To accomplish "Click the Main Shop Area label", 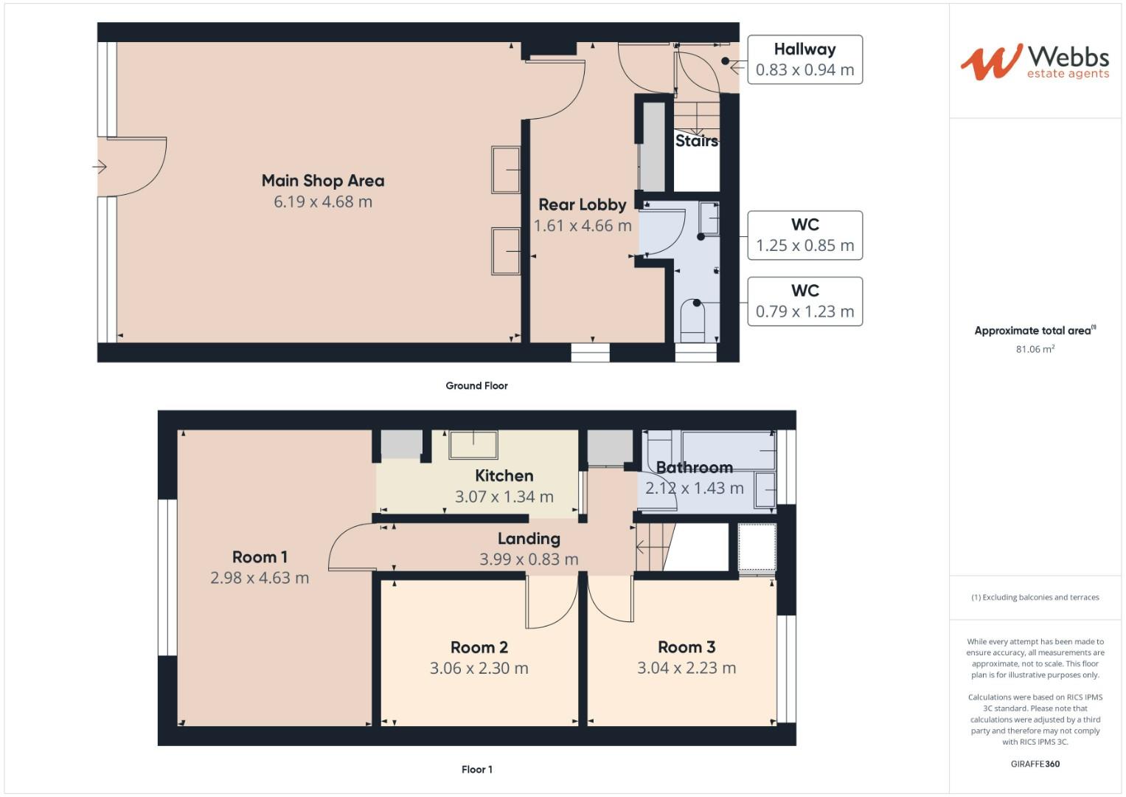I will [323, 181].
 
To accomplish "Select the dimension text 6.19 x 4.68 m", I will [323, 201].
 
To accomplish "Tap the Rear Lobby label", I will [582, 204].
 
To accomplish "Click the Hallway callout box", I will [804, 59].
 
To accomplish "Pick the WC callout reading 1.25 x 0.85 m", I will [804, 235].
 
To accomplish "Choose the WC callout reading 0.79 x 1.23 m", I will [804, 301].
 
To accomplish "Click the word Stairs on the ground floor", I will [696, 140].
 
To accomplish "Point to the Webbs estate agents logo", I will [1034, 62].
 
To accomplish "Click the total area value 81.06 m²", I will [1035, 349].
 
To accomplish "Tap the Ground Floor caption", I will [476, 385].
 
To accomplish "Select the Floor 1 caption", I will [476, 769].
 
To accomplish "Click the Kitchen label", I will [504, 476].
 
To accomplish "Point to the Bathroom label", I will [694, 467].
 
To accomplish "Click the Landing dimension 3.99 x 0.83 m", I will [529, 559].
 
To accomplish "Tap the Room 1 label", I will [260, 557].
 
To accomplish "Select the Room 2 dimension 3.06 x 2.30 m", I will [479, 669].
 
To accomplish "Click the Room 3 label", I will [687, 647].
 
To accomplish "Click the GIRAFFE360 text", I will [1035, 764].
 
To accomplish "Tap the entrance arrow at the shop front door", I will [100, 167].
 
